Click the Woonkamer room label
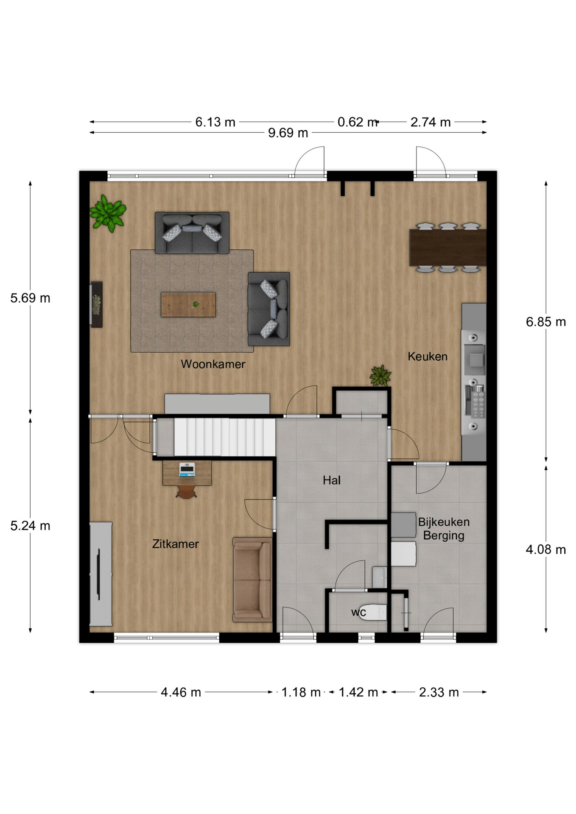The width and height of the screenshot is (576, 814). point(213,364)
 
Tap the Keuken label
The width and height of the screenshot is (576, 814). point(428,357)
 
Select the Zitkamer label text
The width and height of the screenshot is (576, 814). point(176,544)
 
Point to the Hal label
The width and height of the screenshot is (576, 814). point(332,480)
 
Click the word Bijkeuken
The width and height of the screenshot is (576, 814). point(444,522)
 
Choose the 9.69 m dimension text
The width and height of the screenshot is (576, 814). point(288,133)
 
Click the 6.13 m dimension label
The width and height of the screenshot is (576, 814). point(215,123)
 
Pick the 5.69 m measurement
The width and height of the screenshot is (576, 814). point(31,298)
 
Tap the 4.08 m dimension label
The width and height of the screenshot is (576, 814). point(546,550)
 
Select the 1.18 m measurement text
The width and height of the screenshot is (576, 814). point(301,692)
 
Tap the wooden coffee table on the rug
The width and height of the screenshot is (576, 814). point(188,304)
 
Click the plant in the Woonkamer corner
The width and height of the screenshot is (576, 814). point(108,213)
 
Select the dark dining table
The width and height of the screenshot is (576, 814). point(447,248)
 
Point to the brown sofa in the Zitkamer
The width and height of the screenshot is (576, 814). point(252,580)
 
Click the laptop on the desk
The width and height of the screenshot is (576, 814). point(187,469)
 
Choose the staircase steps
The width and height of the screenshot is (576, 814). point(225,437)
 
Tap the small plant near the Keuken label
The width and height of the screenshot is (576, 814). point(380,376)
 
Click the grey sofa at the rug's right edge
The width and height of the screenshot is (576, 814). point(269,309)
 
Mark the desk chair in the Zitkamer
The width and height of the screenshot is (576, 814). point(186,491)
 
